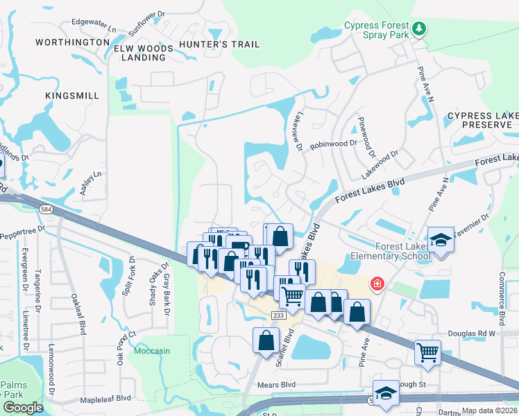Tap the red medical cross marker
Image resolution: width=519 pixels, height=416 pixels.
point(377,284)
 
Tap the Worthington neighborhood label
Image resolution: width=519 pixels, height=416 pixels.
point(72,42)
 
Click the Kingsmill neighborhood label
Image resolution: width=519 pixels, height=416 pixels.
point(72,95)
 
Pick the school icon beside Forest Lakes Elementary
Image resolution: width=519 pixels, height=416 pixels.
point(441,240)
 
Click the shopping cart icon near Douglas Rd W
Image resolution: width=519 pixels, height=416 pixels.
point(427,352)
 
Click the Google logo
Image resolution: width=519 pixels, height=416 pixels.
point(23,408)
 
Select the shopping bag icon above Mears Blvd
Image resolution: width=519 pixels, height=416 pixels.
point(266,340)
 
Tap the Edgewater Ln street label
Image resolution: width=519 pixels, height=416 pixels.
point(94,28)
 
